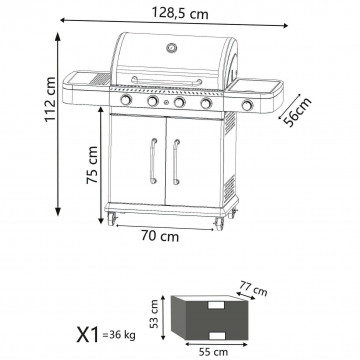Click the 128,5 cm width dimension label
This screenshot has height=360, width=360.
point(180,13)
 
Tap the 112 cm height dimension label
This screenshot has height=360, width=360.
point(50,99)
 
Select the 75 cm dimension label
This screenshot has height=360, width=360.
point(92,165)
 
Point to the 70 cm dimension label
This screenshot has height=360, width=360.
point(160,236)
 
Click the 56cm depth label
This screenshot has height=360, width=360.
point(297,112)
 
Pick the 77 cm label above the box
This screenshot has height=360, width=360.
point(254,288)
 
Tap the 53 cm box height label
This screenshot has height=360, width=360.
point(154,314)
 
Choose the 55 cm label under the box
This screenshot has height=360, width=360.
point(213,352)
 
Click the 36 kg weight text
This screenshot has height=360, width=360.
point(119,335)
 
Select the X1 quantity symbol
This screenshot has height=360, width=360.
point(88,335)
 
